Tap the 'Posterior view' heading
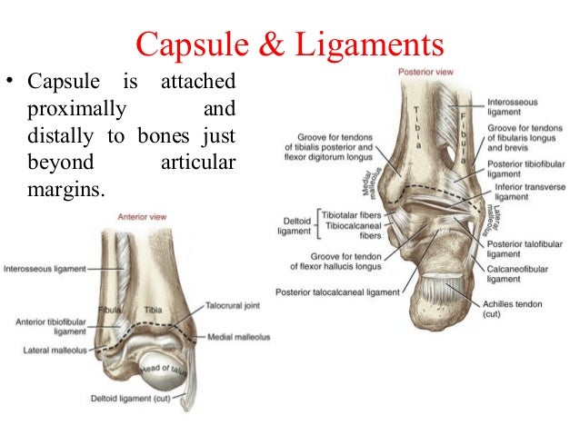(x=421, y=71)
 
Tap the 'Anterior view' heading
(x=142, y=217)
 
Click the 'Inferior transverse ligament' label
(x=523, y=192)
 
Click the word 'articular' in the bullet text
(x=195, y=170)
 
